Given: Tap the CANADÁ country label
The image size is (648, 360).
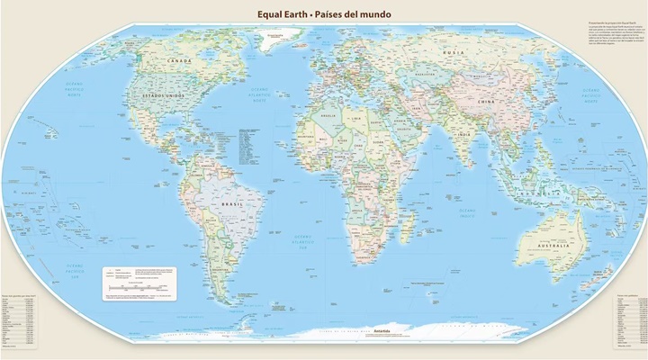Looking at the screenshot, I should pyautogui.click(x=181, y=60).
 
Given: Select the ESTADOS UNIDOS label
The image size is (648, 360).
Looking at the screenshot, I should pyautogui.click(x=158, y=94).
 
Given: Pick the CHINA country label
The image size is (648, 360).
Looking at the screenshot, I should pyautogui.click(x=485, y=103).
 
